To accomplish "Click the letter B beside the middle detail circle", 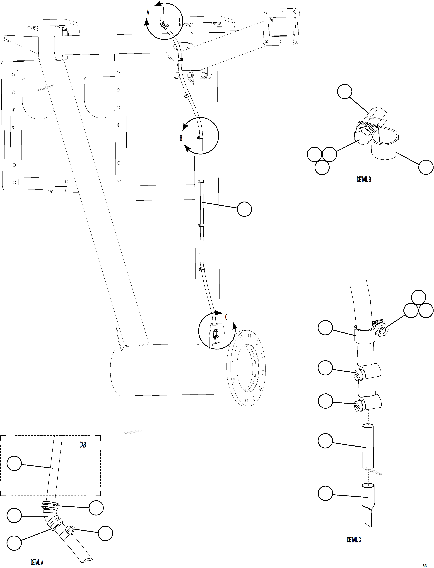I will [181, 138].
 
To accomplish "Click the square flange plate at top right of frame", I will [282, 27].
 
